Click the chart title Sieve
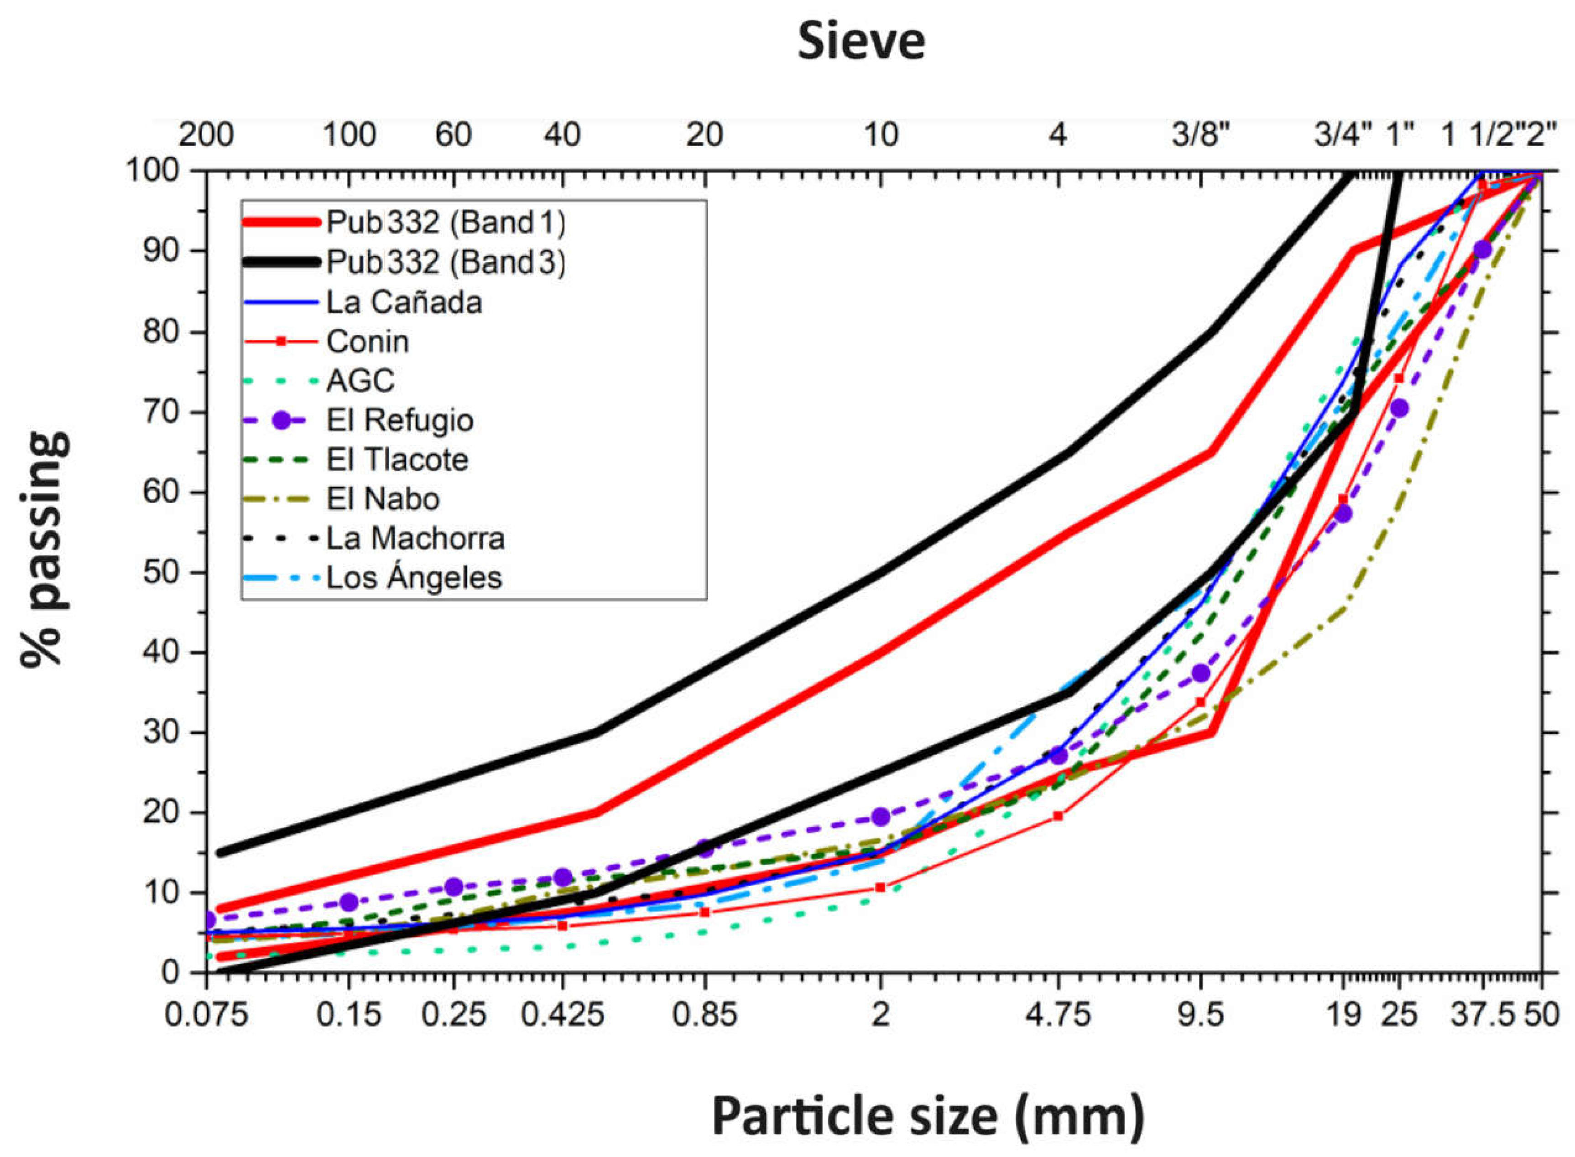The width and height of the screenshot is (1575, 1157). coord(861,42)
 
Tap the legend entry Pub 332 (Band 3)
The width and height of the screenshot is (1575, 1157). coord(446,263)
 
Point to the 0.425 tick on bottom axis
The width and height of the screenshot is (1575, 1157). coord(562,1015)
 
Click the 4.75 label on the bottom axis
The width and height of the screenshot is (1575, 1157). coord(1058,1015)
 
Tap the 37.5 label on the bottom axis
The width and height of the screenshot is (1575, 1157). coord(1482,1015)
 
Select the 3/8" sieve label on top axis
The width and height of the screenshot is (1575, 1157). coord(1201,135)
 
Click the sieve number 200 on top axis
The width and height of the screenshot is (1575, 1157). coord(206,135)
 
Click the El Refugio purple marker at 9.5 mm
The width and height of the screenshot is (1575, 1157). coord(1201,673)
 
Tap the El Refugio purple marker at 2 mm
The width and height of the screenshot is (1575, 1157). coord(881,817)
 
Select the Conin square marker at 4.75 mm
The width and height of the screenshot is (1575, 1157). coord(1058,815)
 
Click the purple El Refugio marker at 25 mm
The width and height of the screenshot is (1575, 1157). coord(1399,408)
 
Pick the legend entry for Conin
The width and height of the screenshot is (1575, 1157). coord(367,342)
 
